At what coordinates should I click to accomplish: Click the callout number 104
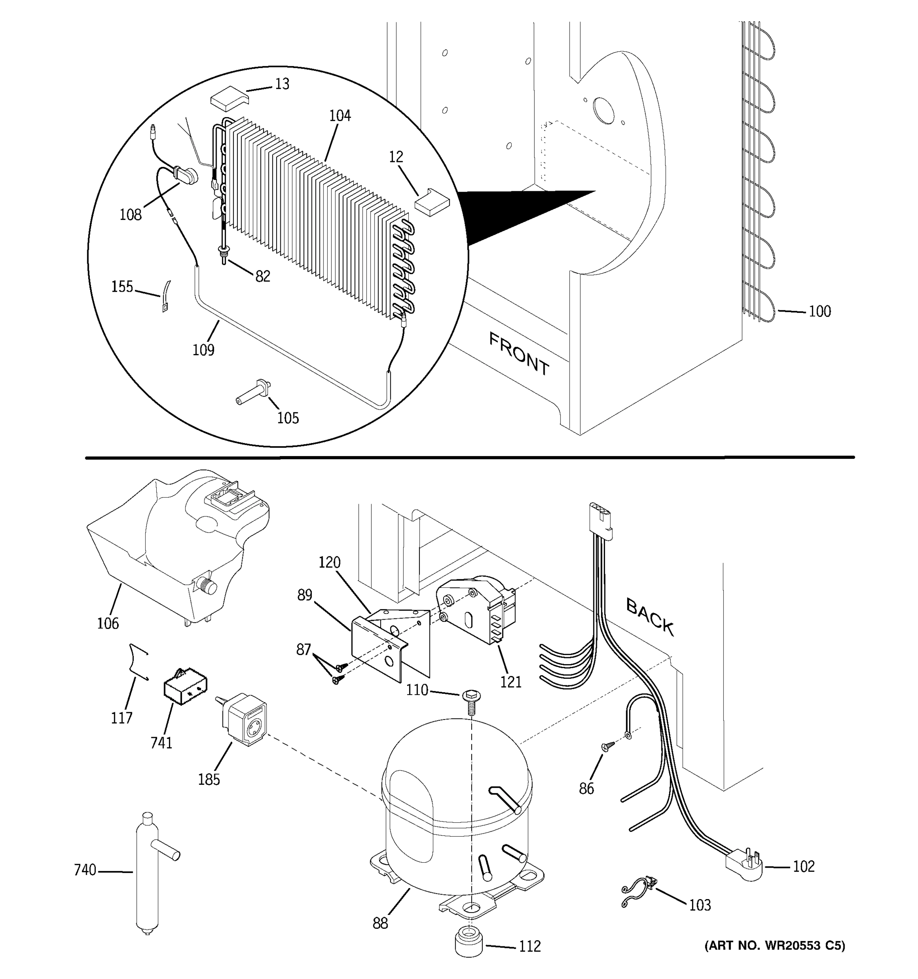click(340, 116)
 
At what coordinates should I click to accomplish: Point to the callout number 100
click(820, 311)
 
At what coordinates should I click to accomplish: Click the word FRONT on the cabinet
click(519, 354)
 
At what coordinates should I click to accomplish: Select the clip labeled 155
click(166, 296)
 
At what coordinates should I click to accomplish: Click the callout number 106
click(108, 623)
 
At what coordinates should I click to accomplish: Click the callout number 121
click(510, 682)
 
